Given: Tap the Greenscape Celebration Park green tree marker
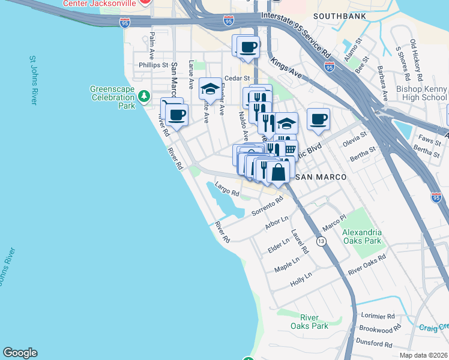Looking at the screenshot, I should (143, 95).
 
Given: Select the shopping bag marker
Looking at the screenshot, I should (279, 172).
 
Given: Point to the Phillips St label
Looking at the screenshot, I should (153, 65).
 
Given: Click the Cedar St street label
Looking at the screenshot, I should (237, 78).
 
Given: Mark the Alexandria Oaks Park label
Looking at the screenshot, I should (361, 236).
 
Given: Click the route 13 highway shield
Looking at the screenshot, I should (322, 241).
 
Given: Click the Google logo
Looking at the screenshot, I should (20, 353).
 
